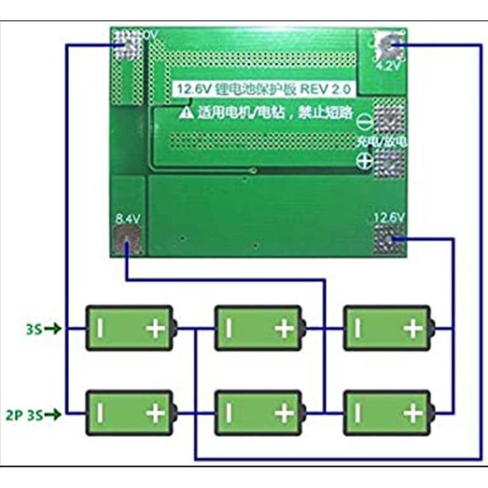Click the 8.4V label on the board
(x=127, y=219)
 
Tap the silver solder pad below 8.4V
(x=127, y=241)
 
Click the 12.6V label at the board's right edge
(x=389, y=217)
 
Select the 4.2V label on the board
(x=387, y=66)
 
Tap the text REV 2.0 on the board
(x=323, y=89)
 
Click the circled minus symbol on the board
(x=364, y=121)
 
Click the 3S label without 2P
(x=34, y=329)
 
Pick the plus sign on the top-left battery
(x=156, y=329)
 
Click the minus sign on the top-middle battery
(x=228, y=329)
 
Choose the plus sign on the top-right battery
(x=412, y=329)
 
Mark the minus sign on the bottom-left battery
(x=100, y=413)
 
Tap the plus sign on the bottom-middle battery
(x=284, y=413)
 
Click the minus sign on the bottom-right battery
(x=357, y=413)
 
